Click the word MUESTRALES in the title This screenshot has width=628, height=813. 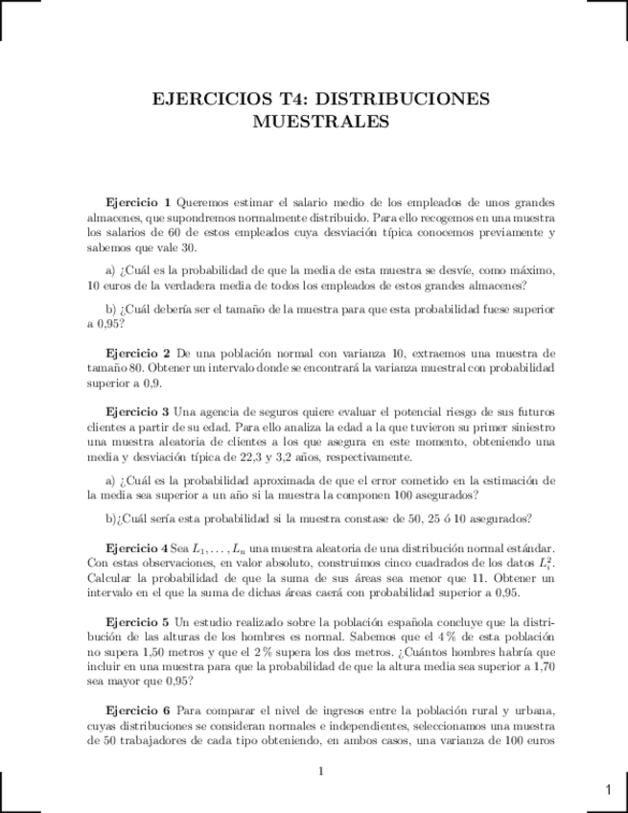click(321, 122)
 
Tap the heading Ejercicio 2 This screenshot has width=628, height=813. click(138, 354)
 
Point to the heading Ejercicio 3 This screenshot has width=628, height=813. click(138, 411)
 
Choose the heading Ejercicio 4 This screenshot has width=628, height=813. click(138, 546)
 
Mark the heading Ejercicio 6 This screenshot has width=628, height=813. click(138, 710)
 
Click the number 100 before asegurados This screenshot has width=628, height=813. click(401, 495)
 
